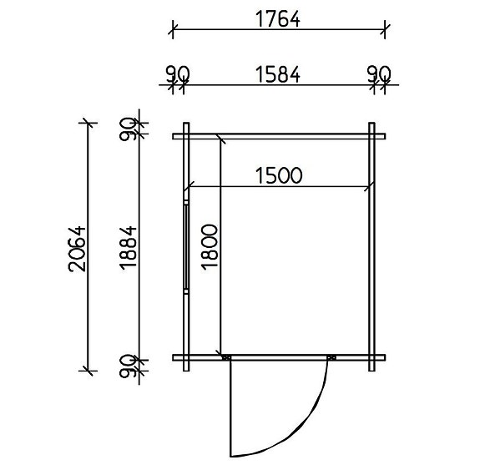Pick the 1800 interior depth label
point(210,248)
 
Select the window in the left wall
point(184,247)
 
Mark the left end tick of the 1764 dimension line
point(174,31)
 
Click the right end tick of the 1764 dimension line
point(384,31)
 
